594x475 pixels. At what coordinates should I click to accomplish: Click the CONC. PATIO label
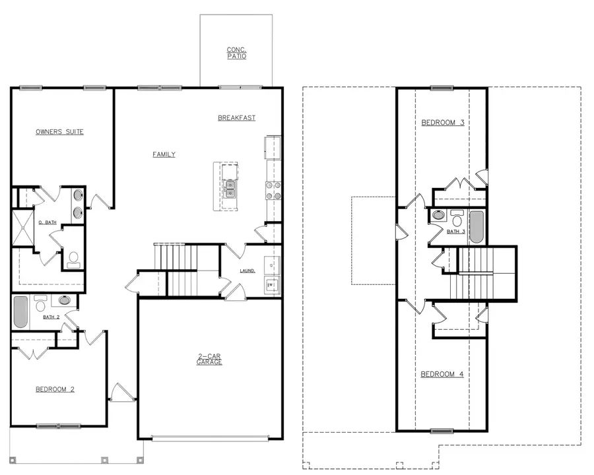[x=236, y=53]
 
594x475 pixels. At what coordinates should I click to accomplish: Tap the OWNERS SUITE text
[x=59, y=132]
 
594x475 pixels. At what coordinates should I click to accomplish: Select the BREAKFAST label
[x=236, y=118]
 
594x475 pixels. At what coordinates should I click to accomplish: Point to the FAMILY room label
[x=164, y=154]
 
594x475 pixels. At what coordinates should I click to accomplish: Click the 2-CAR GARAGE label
[x=210, y=360]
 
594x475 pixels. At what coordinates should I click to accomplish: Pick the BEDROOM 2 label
[x=55, y=389]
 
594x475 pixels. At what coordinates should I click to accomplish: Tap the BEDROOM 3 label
[x=442, y=123]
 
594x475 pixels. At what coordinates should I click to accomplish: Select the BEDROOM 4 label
[x=442, y=374]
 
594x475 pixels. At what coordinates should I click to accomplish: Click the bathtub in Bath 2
[x=20, y=311]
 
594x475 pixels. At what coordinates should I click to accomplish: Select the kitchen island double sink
[x=230, y=189]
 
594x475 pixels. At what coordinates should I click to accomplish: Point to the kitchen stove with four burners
[x=273, y=190]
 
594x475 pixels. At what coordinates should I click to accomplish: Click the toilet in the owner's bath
[x=73, y=259]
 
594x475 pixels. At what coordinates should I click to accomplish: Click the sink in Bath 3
[x=438, y=215]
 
